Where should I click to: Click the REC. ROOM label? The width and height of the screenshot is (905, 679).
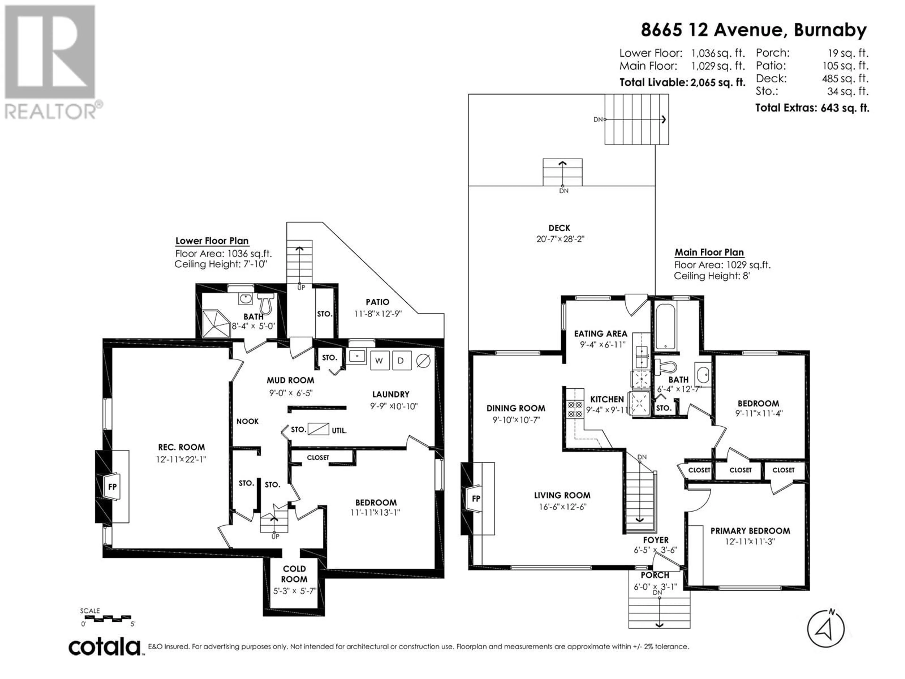(181, 447)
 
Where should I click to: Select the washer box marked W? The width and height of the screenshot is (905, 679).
(379, 360)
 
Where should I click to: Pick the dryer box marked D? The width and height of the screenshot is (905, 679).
(401, 360)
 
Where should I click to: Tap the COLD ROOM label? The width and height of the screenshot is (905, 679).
(294, 574)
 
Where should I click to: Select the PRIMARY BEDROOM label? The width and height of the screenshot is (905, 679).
(750, 531)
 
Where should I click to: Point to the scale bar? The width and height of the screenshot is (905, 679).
(107, 618)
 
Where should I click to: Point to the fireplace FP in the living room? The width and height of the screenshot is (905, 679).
(476, 498)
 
